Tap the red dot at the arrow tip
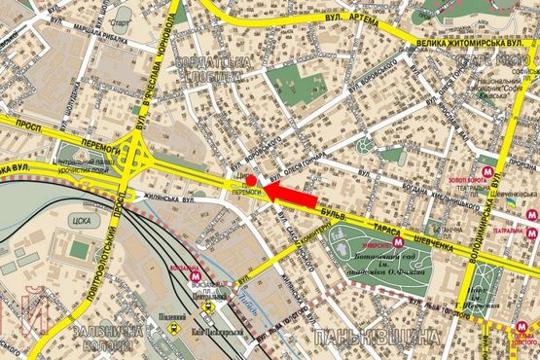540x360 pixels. [x=249, y=180]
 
